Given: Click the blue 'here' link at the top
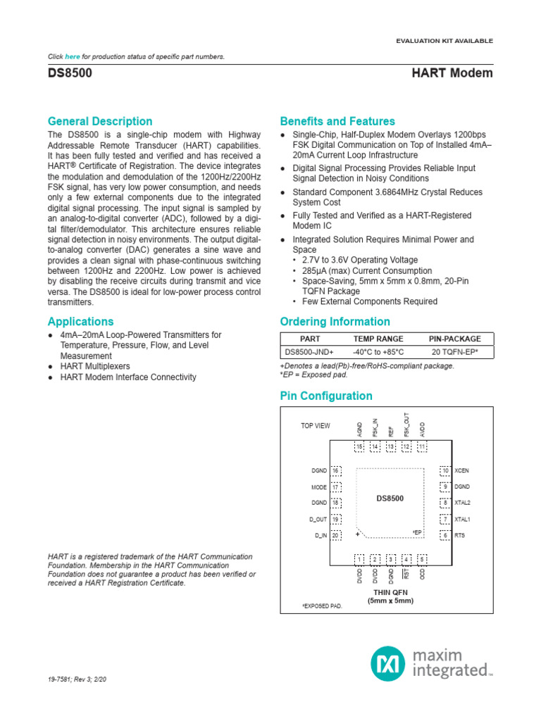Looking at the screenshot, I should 73,56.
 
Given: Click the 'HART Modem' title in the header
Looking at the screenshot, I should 452,73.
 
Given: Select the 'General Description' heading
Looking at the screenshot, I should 99,121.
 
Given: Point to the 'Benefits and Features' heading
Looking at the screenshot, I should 337,121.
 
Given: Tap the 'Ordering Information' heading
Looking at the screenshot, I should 335,322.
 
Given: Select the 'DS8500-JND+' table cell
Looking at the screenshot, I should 309,352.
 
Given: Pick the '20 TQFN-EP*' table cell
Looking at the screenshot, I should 454,352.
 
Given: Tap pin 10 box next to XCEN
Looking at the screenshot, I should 445,470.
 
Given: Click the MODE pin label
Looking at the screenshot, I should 318,487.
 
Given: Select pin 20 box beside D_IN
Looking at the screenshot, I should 336,536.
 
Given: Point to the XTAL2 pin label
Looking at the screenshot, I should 463,503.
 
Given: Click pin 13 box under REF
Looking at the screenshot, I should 390,447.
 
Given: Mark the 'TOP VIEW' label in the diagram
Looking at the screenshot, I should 315,426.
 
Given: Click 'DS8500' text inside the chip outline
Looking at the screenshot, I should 390,499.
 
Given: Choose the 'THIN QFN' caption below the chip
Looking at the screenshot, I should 390,592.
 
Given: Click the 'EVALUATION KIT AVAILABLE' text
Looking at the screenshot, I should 445,41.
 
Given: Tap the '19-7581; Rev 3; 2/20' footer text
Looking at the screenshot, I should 77,680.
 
